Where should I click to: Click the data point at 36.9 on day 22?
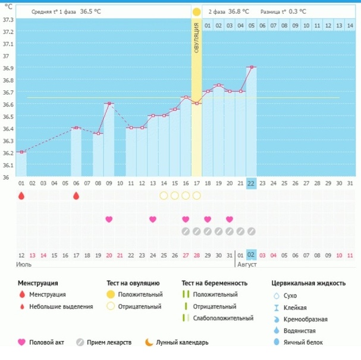point(252,67)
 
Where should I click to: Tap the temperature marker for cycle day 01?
point(21,152)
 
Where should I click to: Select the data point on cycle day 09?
point(109,104)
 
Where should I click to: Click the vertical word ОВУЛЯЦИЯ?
point(196,39)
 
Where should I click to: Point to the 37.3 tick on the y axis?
point(8,20)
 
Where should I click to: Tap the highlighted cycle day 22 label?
point(252,183)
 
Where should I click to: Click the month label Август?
point(247,263)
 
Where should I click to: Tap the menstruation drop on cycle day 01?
point(21,195)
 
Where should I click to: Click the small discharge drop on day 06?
point(76,195)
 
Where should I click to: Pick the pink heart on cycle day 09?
point(109,220)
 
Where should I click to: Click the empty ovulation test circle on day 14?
point(164,195)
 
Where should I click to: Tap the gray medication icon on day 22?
point(252,231)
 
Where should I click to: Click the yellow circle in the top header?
point(196,11)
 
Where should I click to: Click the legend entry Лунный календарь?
point(181,342)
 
